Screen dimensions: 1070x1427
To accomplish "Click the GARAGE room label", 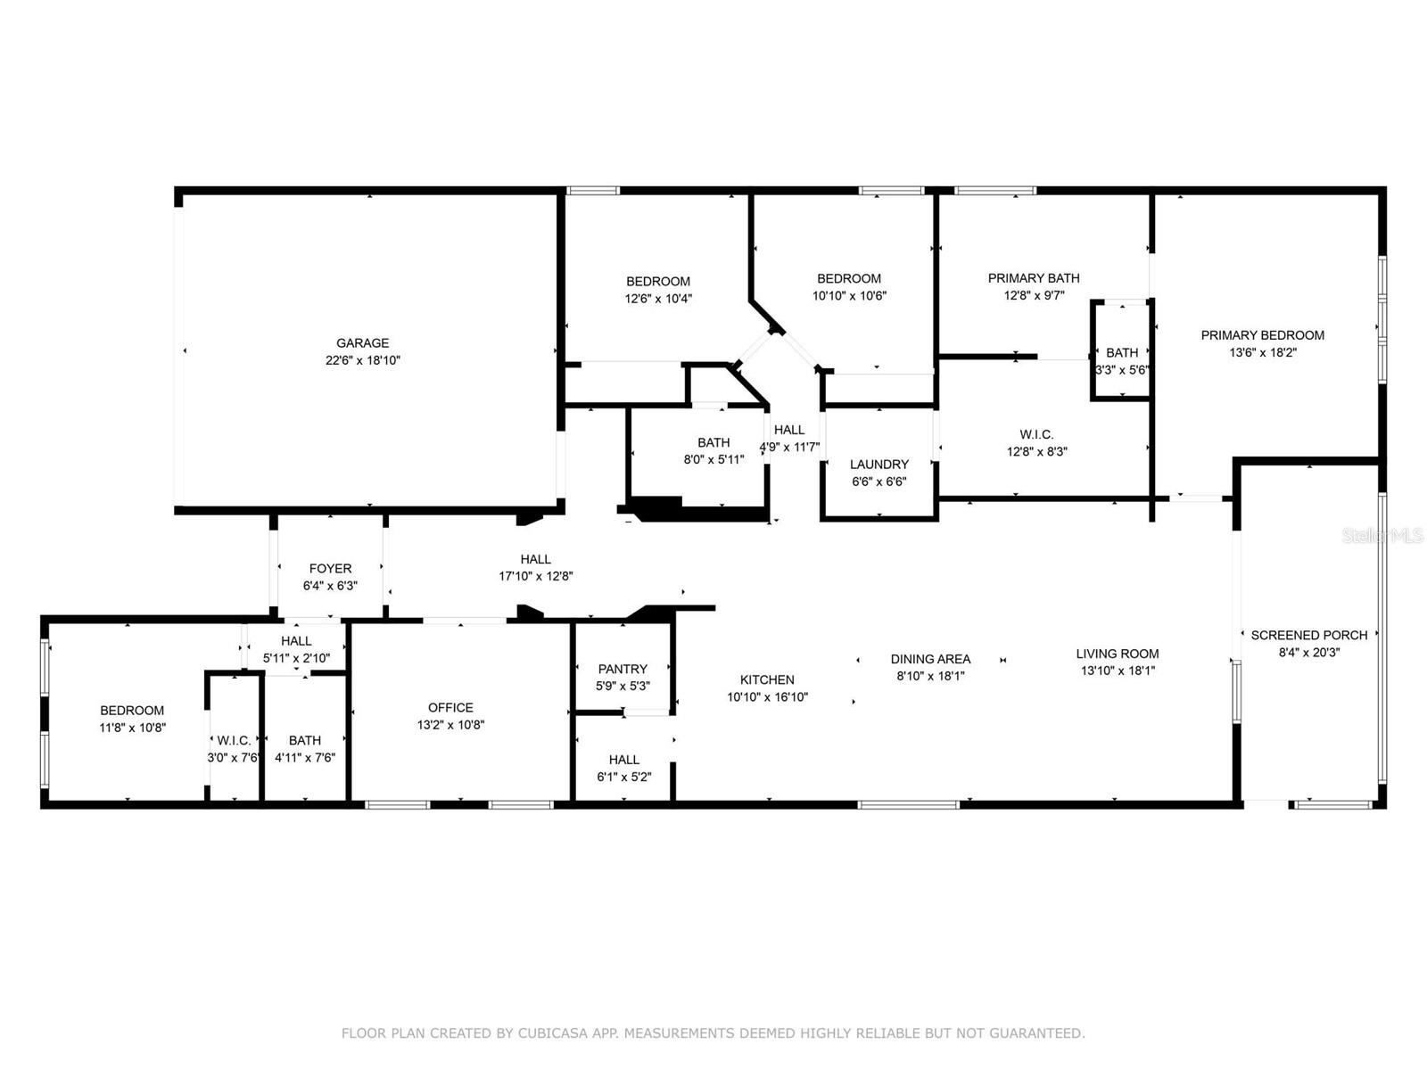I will click(362, 343).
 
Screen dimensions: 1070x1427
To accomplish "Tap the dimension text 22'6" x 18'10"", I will click(362, 360).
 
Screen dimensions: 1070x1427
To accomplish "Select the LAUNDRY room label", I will click(878, 465).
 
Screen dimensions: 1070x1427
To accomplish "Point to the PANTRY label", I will click(623, 669).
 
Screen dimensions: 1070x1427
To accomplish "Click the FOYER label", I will click(330, 569).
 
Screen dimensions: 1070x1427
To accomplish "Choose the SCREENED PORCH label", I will click(1308, 635).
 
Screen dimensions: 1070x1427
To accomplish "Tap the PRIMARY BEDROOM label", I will click(1262, 335).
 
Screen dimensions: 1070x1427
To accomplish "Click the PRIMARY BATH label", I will click(1034, 278).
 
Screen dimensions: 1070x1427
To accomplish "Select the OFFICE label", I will click(450, 708).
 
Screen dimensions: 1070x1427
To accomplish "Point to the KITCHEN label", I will click(767, 679).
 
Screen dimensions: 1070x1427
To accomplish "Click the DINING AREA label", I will click(930, 659).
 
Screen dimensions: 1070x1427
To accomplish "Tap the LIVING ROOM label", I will click(1117, 654).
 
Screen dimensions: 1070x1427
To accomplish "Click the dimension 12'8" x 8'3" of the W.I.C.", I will click(1036, 451).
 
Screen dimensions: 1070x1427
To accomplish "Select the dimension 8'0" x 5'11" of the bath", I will click(713, 460).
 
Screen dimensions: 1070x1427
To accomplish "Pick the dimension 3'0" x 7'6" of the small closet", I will click(233, 758).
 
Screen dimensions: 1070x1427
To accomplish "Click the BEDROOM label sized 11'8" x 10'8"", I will click(132, 711).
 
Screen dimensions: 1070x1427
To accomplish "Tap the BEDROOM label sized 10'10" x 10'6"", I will click(849, 279).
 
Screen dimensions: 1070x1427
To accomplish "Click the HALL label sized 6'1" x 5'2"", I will click(623, 760).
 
